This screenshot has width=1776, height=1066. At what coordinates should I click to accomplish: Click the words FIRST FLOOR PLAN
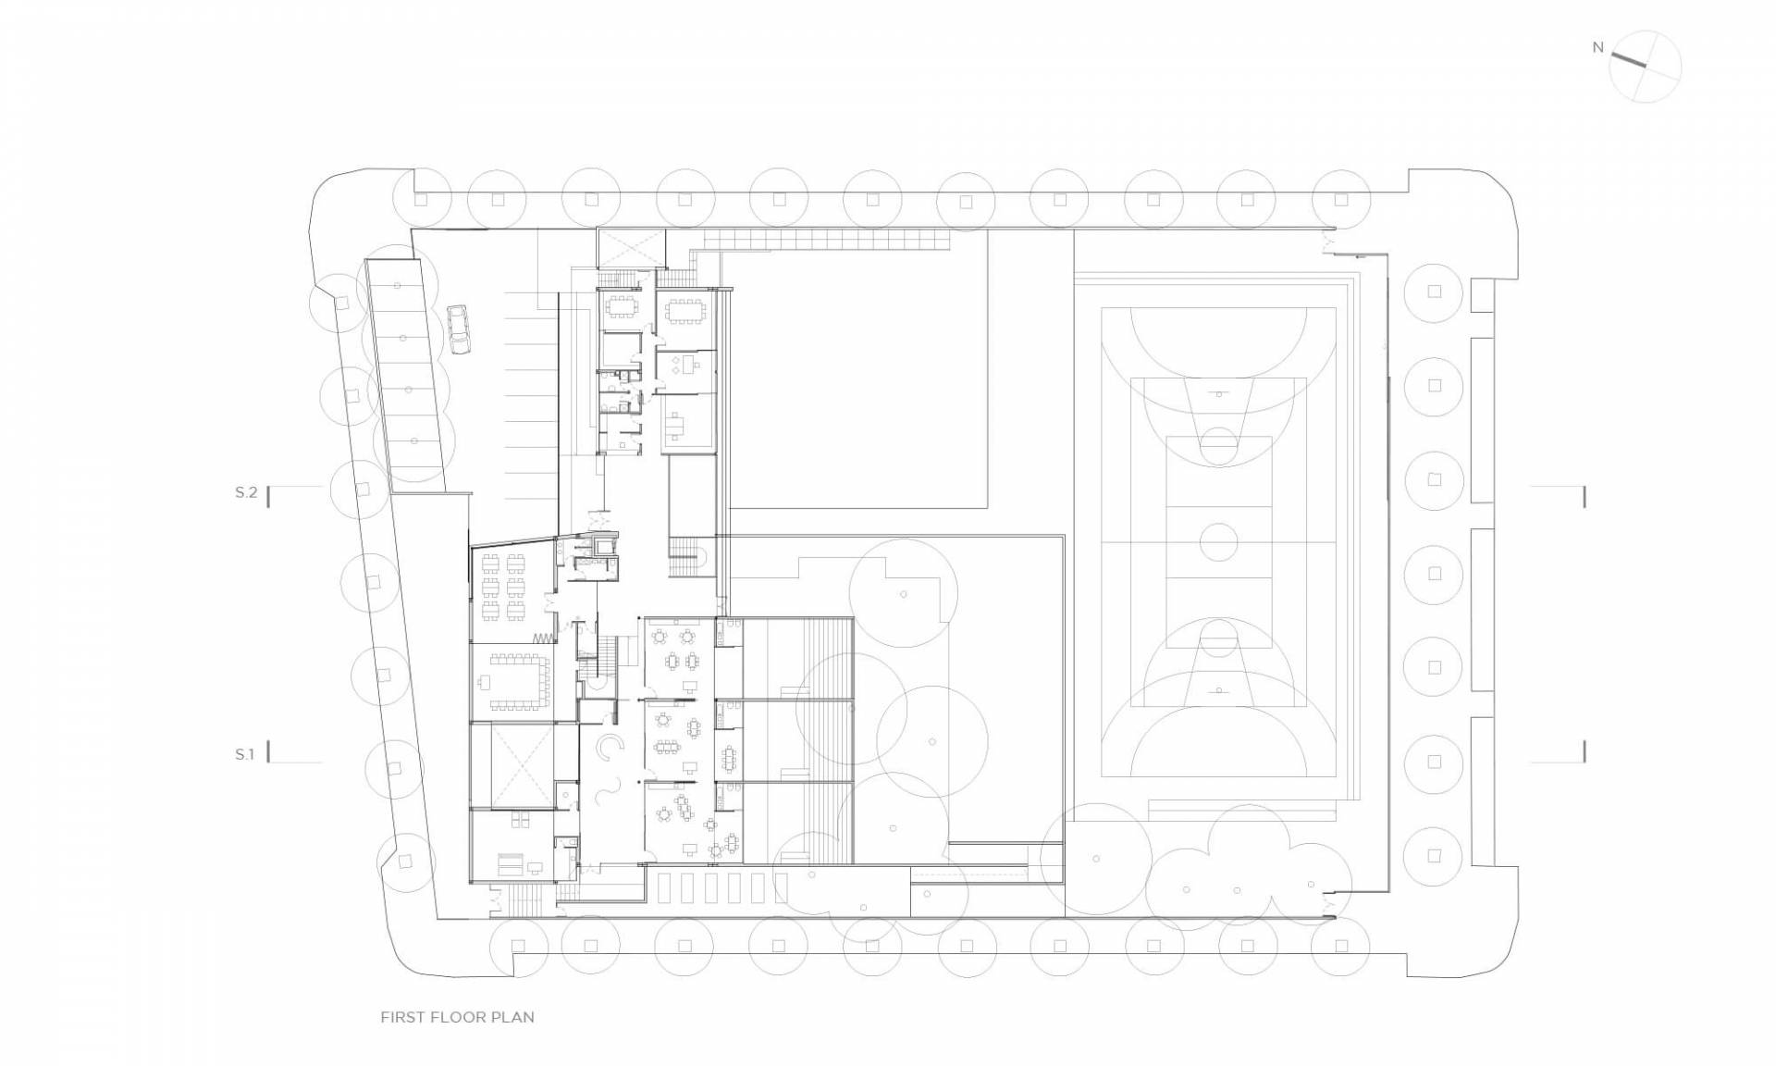(457, 1017)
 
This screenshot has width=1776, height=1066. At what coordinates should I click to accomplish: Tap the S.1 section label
(244, 754)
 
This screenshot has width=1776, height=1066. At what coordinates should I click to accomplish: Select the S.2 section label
(246, 492)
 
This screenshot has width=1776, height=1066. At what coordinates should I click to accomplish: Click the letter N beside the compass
(1597, 47)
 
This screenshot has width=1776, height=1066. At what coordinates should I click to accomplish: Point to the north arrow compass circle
(1645, 67)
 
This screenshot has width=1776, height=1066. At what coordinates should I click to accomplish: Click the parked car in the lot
(459, 330)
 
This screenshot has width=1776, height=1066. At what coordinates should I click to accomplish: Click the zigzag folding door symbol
(544, 638)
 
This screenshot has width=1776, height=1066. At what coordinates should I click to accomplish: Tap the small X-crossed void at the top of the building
(630, 247)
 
